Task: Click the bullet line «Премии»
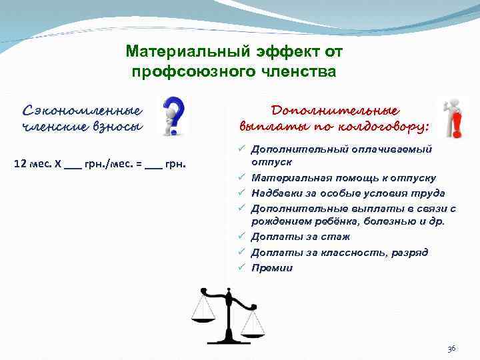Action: coord(271,268)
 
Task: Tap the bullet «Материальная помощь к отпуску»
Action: coord(343,178)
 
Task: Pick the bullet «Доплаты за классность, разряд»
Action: coord(339,253)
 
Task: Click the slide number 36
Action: coord(451,349)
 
